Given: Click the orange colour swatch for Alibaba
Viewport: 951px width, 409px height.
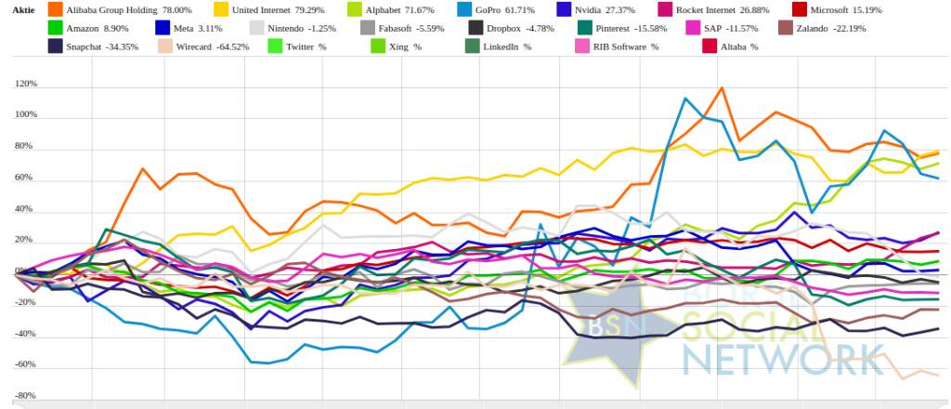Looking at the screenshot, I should click(x=55, y=9).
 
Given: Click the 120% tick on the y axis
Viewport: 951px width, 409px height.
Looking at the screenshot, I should click(x=25, y=85).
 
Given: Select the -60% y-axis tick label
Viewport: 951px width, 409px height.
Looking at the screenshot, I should click(x=25, y=364).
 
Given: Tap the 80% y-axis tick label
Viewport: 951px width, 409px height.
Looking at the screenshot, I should click(x=25, y=147).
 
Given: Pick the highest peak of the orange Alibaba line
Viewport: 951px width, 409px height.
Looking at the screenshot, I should click(x=721, y=88).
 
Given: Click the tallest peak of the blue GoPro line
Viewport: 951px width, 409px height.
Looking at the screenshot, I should click(x=685, y=99).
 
